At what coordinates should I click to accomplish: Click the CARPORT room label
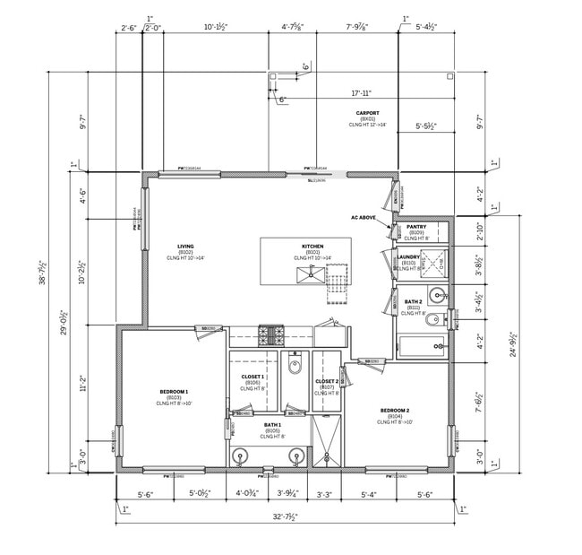point(367,114)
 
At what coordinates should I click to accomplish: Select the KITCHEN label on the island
point(312,246)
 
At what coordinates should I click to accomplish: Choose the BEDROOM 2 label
point(394,411)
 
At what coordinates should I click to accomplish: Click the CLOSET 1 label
point(252,377)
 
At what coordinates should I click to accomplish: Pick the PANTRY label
point(416,228)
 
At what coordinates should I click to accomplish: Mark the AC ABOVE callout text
point(364,217)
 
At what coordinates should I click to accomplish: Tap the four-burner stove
point(270,336)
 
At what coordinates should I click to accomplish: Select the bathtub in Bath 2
point(421,346)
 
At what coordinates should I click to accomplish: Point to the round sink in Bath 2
point(436,293)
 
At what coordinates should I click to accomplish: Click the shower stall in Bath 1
point(326,445)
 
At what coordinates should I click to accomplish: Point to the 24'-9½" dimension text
point(513,341)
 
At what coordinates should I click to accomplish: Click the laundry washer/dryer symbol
point(433,262)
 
